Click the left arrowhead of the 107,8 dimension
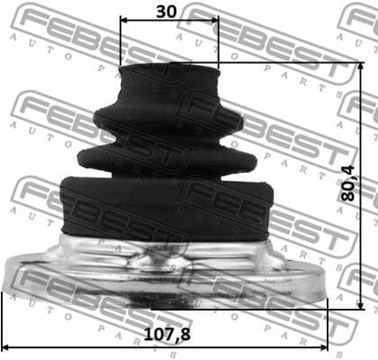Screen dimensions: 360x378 [7, 346]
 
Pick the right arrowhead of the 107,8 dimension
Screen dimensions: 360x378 [323, 346]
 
